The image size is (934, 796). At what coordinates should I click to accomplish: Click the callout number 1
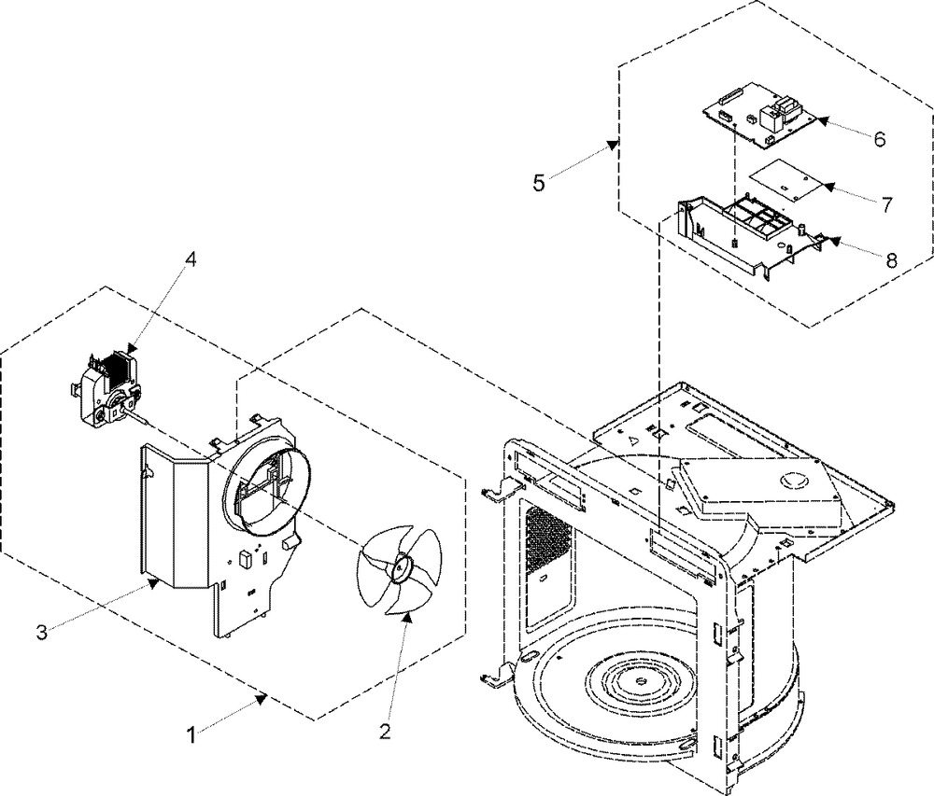(191, 735)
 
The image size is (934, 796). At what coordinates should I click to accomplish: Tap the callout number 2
(386, 732)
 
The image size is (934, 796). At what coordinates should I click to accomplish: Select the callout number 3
(41, 632)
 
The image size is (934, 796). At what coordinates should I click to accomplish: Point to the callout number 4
(190, 258)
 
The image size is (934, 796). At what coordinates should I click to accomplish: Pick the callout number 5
(539, 183)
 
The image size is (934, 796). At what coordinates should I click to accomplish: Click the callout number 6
(880, 139)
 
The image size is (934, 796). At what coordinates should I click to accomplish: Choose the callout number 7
(887, 204)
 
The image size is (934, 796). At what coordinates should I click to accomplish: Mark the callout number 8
(891, 260)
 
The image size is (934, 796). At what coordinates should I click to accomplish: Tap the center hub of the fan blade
(398, 566)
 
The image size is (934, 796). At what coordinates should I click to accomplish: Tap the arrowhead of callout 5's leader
(613, 144)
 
